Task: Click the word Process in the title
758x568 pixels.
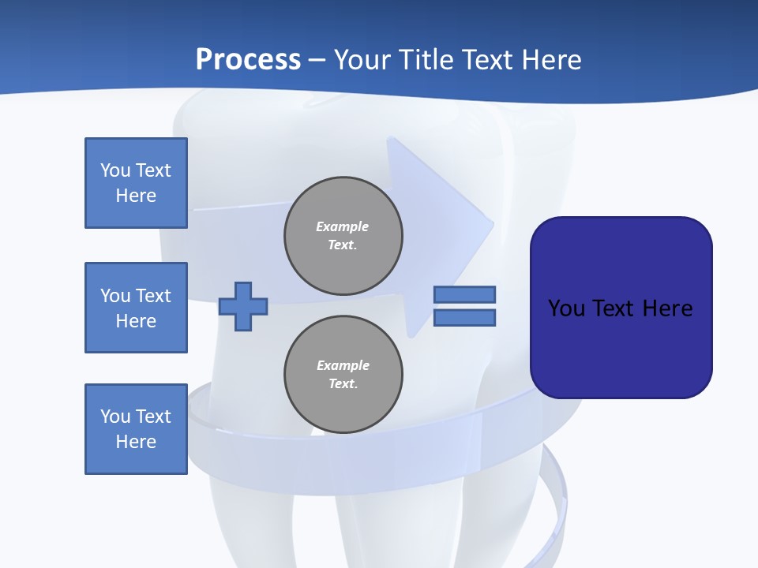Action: [248, 60]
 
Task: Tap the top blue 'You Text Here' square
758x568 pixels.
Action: [136, 183]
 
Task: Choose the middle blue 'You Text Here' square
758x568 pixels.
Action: [136, 308]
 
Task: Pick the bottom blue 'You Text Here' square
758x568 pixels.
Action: [136, 429]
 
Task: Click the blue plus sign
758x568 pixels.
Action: [243, 305]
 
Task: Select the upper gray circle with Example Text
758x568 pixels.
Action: [343, 236]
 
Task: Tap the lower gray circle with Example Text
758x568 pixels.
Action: [343, 375]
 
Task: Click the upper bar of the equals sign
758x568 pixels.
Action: [464, 294]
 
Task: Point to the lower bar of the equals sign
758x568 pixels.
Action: [464, 317]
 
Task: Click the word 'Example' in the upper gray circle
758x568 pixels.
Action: [342, 226]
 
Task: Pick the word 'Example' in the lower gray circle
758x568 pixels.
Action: [343, 365]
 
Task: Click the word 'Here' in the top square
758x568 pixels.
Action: [136, 196]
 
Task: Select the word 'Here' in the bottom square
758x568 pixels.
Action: [136, 442]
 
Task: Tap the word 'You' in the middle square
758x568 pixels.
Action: [115, 296]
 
